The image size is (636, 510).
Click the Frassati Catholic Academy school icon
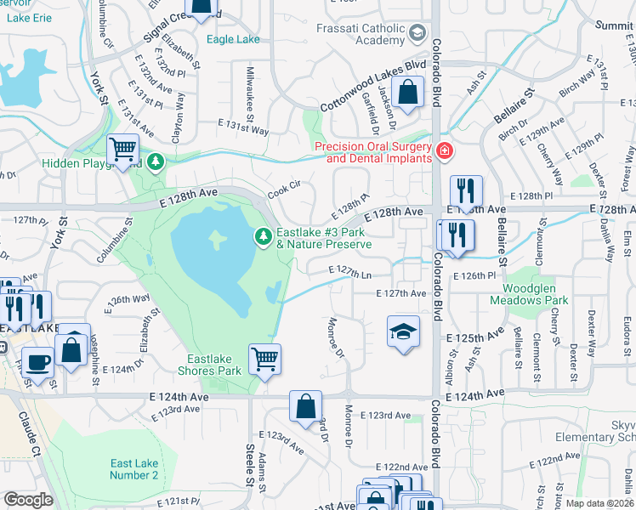point(417,33)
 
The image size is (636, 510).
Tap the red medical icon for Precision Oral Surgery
point(442,152)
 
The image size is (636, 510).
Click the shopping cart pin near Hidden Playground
point(123,150)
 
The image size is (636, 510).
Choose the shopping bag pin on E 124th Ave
point(305,405)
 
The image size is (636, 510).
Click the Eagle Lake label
point(232,38)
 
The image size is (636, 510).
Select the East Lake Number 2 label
point(134,469)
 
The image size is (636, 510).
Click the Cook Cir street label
point(285,188)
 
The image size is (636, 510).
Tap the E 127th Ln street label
point(351,272)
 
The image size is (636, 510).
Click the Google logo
point(29,500)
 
